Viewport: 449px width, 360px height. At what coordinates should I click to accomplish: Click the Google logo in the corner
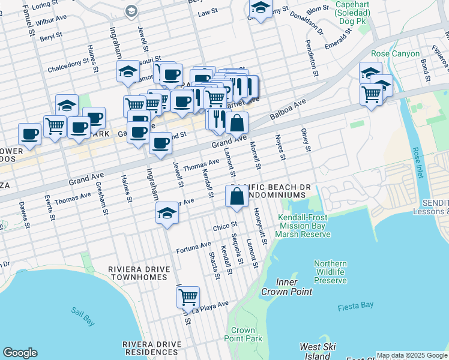tap(20, 353)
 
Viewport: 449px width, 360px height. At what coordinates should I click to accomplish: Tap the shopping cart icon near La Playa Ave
tap(188, 296)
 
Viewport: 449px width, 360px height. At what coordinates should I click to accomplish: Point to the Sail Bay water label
tap(83, 316)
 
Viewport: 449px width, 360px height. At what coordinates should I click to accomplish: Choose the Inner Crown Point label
tap(286, 287)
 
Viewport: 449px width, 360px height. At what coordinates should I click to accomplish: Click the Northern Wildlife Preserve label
tap(330, 272)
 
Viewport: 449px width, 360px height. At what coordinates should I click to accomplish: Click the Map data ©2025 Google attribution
tap(412, 355)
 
